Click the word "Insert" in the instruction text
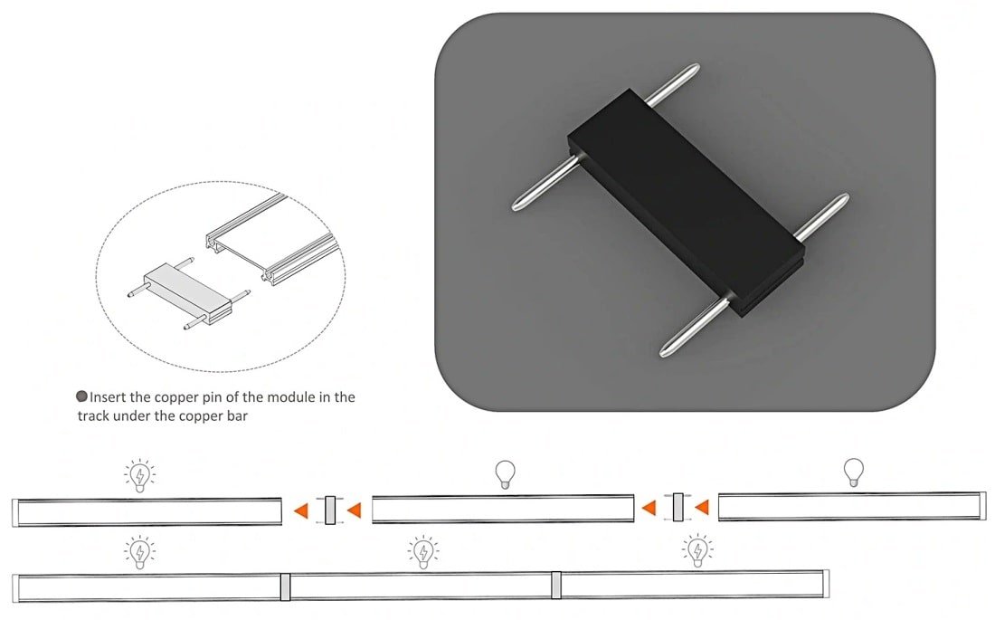pos(108,397)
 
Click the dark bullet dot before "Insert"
pos(81,396)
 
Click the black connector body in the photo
pos(686,201)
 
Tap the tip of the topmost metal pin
pos(696,65)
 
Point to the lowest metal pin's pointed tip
pos(662,353)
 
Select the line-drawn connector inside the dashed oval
pos(189,293)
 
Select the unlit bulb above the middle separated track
pos(505,474)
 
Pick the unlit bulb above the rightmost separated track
pos(854,472)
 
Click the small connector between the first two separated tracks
pos(330,510)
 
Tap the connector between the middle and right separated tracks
pos(678,507)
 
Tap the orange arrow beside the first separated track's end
pos(301,510)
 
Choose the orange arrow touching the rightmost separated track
pos(701,507)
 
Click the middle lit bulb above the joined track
pos(422,551)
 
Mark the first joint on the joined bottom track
pos(285,587)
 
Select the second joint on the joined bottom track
pos(556,585)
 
